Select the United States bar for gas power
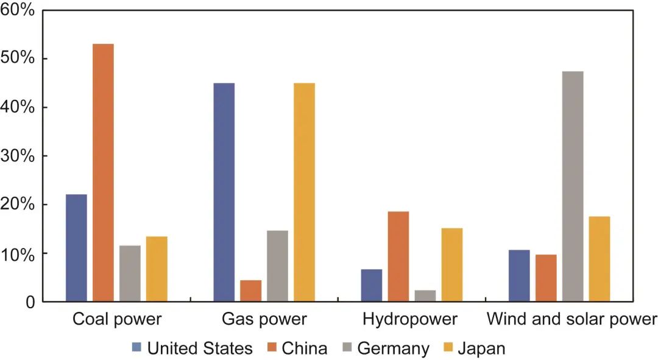click(224, 192)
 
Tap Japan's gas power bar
click(304, 192)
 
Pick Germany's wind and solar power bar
click(573, 186)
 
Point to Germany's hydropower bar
click(425, 295)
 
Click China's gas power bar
click(250, 291)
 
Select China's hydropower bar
click(398, 256)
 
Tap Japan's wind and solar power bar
click(600, 258)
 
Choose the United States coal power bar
click(76, 247)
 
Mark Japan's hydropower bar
click(452, 264)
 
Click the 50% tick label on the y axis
click(18, 58)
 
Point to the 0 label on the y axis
click(30, 302)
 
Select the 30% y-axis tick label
click(18, 156)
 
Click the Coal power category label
click(117, 319)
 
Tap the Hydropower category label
click(409, 319)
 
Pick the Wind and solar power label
click(572, 319)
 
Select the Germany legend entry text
click(393, 348)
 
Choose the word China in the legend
click(304, 348)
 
